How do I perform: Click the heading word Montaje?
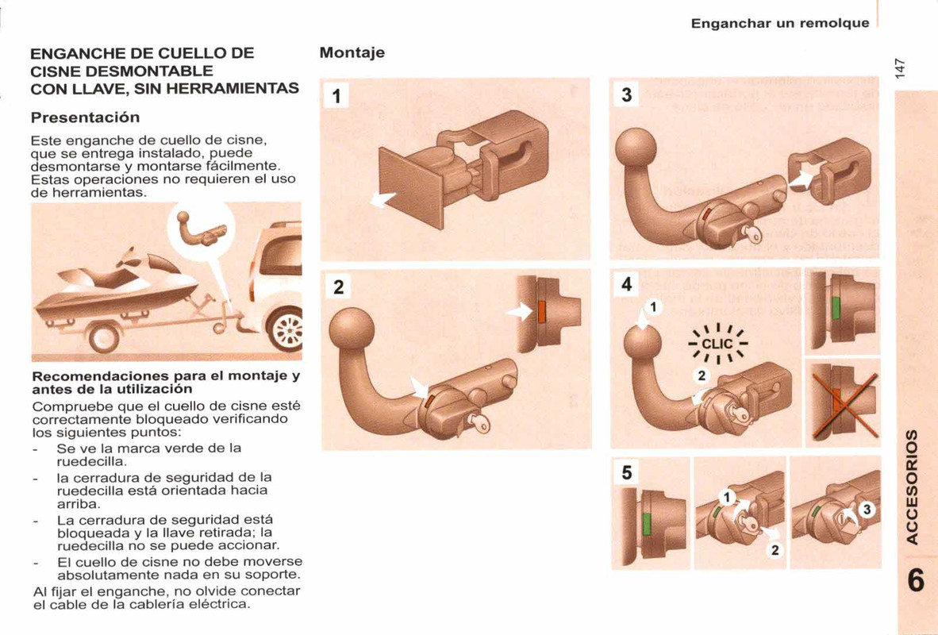click(352, 53)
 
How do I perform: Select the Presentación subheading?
click(85, 117)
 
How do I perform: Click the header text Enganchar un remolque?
click(779, 23)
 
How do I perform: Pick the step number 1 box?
click(336, 97)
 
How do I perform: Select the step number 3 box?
click(626, 96)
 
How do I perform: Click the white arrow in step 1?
click(385, 199)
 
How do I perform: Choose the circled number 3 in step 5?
click(867, 510)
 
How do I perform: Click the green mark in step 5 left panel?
click(647, 525)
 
